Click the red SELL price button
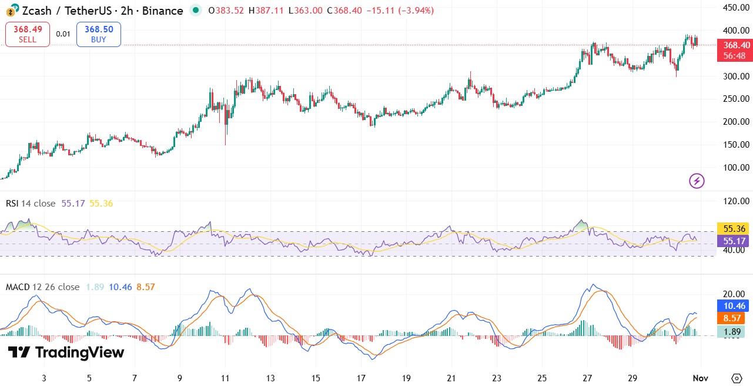click(28, 34)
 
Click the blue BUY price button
click(99, 34)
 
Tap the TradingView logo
click(66, 352)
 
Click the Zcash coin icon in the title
click(11, 11)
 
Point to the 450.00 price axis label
click(736, 8)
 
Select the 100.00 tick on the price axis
click(736, 168)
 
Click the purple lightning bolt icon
click(697, 181)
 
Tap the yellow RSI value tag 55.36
click(735, 228)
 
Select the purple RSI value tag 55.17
click(735, 241)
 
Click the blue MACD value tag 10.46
click(735, 305)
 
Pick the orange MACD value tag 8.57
click(735, 318)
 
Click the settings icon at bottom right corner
click(737, 378)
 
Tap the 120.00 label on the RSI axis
click(736, 201)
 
